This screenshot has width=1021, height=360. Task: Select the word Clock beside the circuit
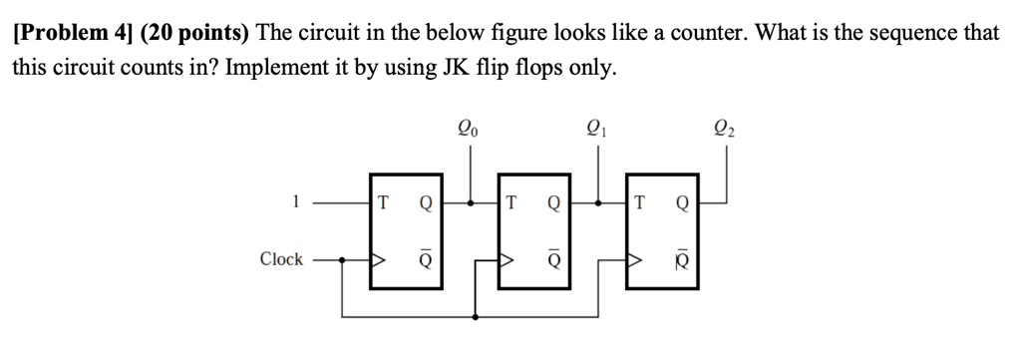coord(280,259)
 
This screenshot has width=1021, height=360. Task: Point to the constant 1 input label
coord(295,201)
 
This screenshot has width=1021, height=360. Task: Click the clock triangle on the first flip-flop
coord(378,260)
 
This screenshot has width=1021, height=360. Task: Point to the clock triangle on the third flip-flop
coord(634,260)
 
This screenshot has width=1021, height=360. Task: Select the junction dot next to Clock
coord(343,260)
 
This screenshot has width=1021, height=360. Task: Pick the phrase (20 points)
coord(195,33)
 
